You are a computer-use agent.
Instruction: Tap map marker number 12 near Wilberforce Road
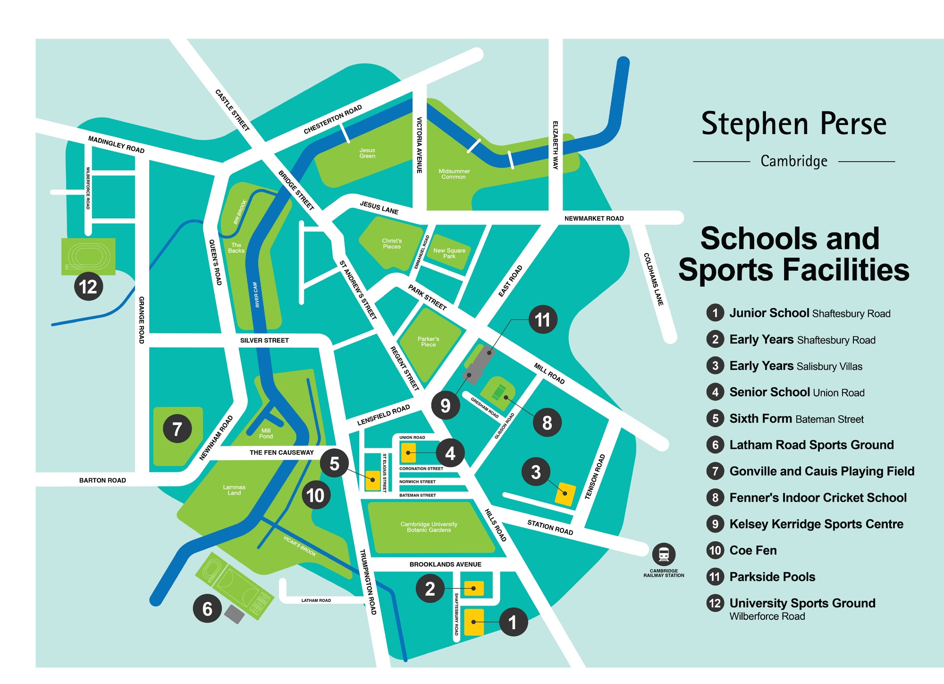click(x=88, y=286)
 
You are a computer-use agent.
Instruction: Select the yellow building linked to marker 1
click(x=474, y=622)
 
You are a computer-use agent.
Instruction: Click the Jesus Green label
click(x=367, y=153)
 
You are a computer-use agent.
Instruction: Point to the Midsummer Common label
click(x=454, y=174)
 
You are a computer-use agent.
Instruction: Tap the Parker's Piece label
click(x=428, y=342)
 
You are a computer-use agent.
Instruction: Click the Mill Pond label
click(x=266, y=433)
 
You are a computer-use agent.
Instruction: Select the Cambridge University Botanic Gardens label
click(x=429, y=527)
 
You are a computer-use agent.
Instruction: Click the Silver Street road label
click(x=264, y=340)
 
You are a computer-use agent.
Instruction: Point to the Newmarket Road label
click(x=594, y=218)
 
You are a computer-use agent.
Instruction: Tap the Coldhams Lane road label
click(x=654, y=279)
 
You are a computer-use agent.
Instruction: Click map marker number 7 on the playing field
click(x=177, y=429)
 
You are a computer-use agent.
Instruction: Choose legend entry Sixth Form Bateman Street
click(x=796, y=419)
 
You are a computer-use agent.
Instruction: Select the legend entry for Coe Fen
click(x=752, y=550)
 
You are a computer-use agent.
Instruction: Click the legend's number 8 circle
click(x=715, y=497)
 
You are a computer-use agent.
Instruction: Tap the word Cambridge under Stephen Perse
click(x=794, y=161)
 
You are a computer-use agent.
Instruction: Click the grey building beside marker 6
click(x=234, y=614)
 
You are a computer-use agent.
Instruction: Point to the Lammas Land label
click(x=234, y=490)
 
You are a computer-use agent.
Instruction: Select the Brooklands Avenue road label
click(x=445, y=564)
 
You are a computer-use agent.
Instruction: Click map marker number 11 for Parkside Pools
click(x=542, y=320)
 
